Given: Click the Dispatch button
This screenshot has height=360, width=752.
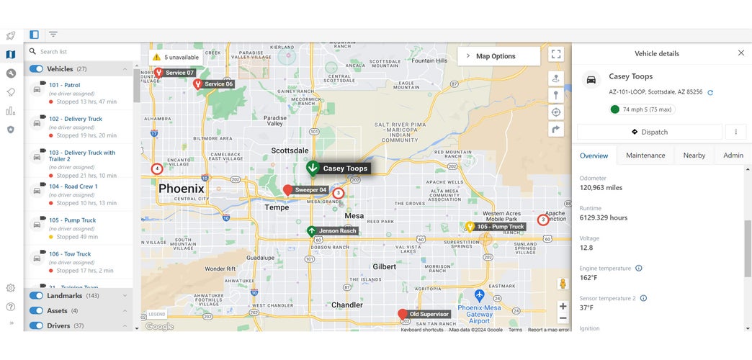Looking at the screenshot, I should point(649,132).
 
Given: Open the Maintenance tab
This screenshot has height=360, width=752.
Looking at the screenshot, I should point(645,156).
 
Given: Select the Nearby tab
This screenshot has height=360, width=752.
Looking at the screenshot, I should point(694,156).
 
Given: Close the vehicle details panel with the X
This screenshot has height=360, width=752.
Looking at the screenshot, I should point(741,53).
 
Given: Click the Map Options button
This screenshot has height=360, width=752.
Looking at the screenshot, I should point(498,56).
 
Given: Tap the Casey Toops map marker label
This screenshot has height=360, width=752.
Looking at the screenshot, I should point(345,168).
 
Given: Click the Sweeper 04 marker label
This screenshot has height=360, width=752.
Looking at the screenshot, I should point(311,190).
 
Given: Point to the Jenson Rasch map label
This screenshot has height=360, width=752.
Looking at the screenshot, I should point(338,231).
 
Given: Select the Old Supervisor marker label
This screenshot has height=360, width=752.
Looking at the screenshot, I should point(429,314).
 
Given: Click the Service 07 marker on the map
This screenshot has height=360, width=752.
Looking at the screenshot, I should point(179,73).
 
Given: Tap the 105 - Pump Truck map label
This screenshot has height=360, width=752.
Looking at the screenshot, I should point(501,227).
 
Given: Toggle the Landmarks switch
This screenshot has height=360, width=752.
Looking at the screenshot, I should point(36,295).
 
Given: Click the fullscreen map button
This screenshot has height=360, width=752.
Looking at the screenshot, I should point(555,54).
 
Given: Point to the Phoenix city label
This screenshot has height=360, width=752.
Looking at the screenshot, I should point(182,189).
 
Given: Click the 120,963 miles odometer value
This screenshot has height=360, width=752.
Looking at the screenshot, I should point(601,188).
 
